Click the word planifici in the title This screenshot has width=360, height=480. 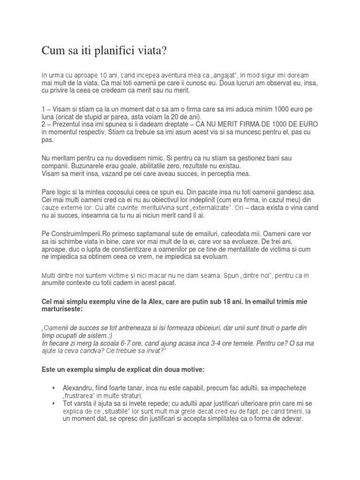(100, 50)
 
